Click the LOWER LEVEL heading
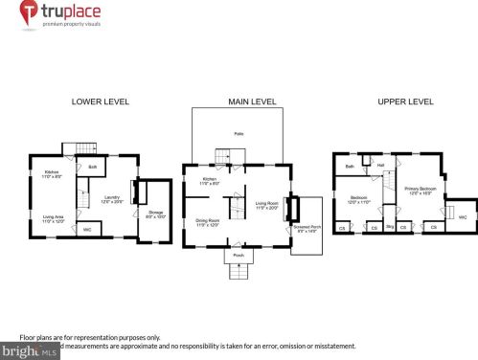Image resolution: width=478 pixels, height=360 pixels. coord(95,101)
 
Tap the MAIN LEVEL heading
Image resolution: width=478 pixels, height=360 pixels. coord(252,101)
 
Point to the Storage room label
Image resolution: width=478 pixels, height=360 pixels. coord(156,214)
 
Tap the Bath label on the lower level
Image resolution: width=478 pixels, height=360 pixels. coord(93,168)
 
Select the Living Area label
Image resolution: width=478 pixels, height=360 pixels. coord(55,218)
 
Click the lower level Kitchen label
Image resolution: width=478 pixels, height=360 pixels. coord(54,174)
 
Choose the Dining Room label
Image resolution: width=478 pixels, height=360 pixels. coord(208,222)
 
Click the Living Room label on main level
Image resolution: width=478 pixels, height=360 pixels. coord(267,204)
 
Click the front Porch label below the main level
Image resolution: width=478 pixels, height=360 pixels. coord(239,256)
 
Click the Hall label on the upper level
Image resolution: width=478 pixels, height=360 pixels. coord(380,165)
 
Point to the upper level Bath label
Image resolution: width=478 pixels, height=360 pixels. coord(350,167)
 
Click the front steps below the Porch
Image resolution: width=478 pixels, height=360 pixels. coord(239,273)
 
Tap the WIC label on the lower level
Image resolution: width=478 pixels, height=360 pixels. coord(86,229)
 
